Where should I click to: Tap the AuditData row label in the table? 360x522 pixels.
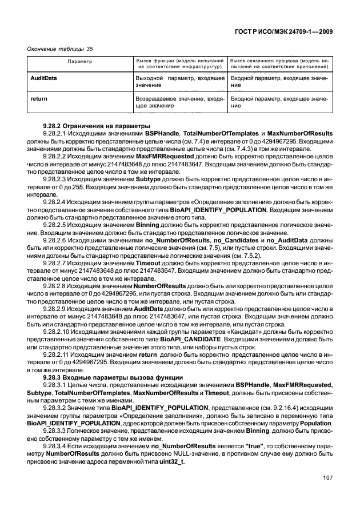coord(43,77)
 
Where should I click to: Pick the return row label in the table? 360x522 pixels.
coord(38,99)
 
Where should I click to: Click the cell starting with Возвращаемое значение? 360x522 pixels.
coord(179,102)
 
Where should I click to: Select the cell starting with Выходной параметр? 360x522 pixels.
coord(179,80)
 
